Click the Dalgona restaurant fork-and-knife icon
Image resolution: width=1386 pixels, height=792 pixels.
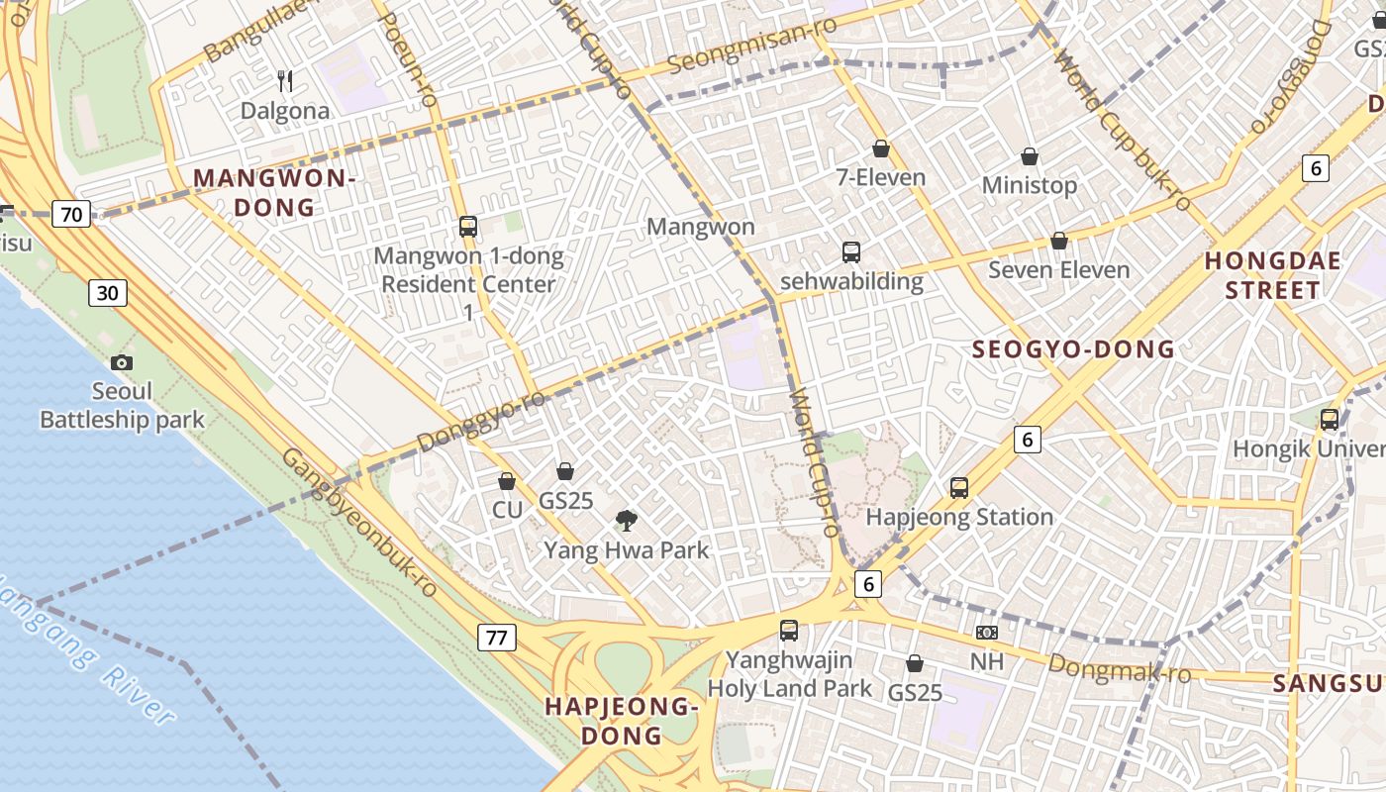284,80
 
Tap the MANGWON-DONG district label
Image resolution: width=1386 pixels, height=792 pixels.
274,193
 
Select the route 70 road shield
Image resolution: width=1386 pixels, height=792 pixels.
73,213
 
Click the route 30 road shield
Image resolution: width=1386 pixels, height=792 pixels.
108,292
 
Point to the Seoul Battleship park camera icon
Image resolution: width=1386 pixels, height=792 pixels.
122,363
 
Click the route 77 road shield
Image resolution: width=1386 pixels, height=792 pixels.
497,637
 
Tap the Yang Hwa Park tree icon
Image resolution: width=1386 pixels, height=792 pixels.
626,520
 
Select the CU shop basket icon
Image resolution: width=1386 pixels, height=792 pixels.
507,481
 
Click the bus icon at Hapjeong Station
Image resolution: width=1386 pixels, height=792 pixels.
958,487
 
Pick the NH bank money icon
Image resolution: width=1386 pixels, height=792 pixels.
986,633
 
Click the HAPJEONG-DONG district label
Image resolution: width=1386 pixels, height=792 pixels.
622,721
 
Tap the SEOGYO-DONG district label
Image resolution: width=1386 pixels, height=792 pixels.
1073,348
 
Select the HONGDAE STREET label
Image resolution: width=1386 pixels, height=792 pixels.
1272,275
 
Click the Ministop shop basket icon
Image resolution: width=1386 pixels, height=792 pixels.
1030,156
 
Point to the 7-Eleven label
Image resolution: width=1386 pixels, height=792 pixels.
881,178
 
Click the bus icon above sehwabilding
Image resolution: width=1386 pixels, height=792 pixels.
851,251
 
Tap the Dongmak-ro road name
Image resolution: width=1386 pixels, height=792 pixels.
1119,669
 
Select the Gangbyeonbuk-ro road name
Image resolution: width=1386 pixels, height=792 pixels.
360,523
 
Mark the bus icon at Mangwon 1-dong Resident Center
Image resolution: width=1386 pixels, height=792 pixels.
468,227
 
